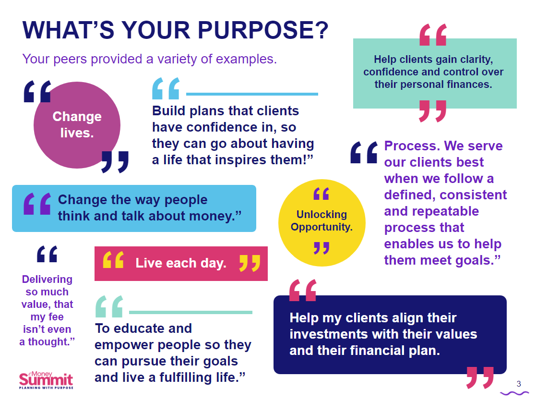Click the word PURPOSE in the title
pyautogui.click(x=263, y=30)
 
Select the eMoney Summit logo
pyautogui.click(x=46, y=380)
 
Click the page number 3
pyautogui.click(x=519, y=384)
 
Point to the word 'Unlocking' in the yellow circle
pyautogui.click(x=322, y=214)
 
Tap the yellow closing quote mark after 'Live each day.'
pyautogui.click(x=250, y=263)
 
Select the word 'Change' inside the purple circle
pyautogui.click(x=77, y=117)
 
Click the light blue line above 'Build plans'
pyautogui.click(x=252, y=94)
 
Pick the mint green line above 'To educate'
pyautogui.click(x=191, y=312)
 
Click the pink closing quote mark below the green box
pyautogui.click(x=433, y=111)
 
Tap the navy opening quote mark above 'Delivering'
pyautogui.click(x=47, y=254)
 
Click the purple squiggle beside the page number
pyautogui.click(x=514, y=393)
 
